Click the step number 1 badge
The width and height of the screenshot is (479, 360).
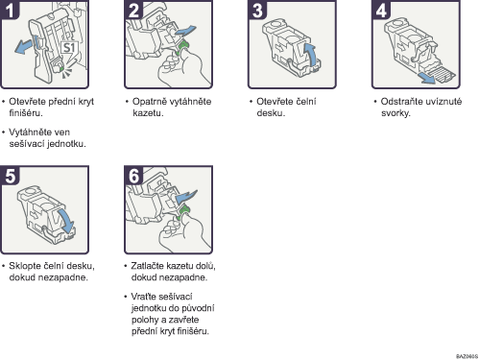click(x=10, y=10)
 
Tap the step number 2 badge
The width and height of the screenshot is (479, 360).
click(x=133, y=10)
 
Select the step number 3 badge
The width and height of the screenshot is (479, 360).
click(x=257, y=10)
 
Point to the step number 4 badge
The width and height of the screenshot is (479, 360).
click(x=381, y=10)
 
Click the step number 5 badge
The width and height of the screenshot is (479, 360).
click(x=10, y=176)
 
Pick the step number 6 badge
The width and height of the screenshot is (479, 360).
click(x=133, y=176)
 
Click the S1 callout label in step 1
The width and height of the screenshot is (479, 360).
click(x=69, y=48)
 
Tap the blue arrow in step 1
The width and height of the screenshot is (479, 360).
click(x=24, y=47)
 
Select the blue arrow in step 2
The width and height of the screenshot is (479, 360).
click(x=185, y=32)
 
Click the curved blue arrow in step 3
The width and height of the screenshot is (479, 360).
click(x=312, y=54)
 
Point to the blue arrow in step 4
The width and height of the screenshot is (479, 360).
click(x=427, y=78)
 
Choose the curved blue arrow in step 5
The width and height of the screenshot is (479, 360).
click(x=66, y=221)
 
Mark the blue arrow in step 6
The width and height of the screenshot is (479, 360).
click(x=186, y=197)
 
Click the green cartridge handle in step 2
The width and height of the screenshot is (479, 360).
click(x=183, y=47)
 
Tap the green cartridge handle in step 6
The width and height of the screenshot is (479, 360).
click(x=183, y=212)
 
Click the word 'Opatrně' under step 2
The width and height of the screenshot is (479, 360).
click(x=149, y=102)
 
